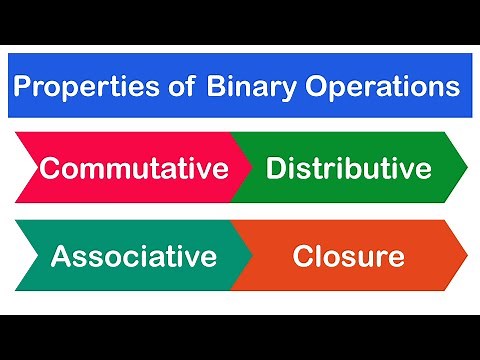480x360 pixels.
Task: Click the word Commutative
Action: coord(132,168)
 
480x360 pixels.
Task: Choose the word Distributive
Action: coord(348,168)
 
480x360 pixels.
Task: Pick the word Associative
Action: coord(133,257)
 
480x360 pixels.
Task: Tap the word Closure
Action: coord(348,257)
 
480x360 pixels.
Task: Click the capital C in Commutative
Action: coord(49,168)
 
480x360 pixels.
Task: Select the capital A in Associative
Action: coord(60,257)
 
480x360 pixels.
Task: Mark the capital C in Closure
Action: coord(302,257)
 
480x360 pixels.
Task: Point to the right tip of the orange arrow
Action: coord(466,256)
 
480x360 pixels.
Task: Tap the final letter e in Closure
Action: coord(396,259)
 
